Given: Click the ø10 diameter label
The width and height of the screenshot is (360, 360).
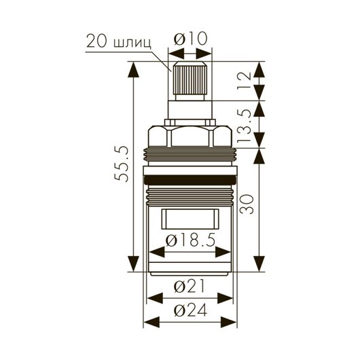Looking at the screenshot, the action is point(191,39).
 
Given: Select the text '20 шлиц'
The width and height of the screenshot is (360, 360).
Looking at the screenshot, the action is point(119,41).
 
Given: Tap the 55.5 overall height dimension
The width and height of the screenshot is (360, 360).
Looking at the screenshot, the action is point(122,164).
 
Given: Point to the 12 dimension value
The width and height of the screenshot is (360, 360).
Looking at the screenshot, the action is point(245,82).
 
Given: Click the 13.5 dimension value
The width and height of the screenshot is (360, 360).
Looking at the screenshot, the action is point(245,126).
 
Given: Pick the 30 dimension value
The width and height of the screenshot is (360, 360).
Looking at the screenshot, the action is point(247,204).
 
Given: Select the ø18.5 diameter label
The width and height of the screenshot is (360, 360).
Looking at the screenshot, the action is point(191,240).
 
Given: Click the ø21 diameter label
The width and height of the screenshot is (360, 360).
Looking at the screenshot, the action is point(190,286).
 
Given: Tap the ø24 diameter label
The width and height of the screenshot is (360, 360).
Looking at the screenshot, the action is point(191,310).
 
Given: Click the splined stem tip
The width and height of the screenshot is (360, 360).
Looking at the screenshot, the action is point(190,81).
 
